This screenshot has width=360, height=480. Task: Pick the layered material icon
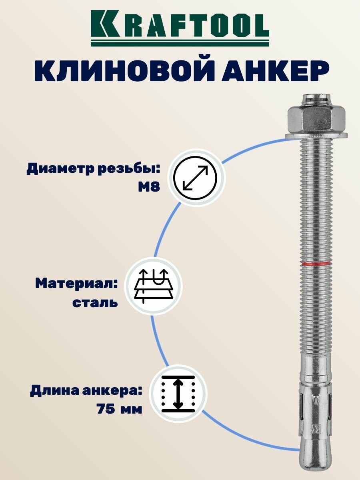tap(153, 286)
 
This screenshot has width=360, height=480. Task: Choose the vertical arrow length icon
tap(178, 394)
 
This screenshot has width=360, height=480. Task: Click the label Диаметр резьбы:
tap(93, 169)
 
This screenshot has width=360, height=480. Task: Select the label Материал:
tap(76, 284)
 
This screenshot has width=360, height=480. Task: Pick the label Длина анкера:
tap(86, 391)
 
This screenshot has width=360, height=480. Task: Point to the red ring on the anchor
tap(316, 264)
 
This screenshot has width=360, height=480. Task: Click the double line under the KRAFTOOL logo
tap(180, 42)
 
